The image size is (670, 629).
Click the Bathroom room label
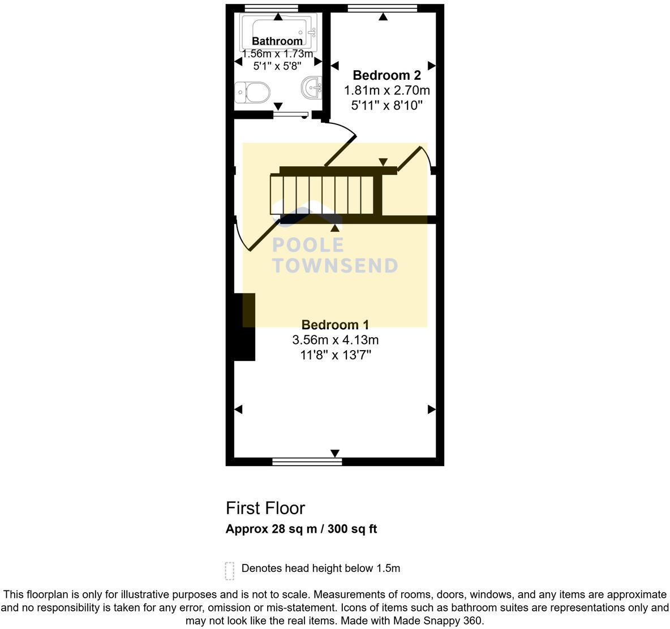(x=277, y=41)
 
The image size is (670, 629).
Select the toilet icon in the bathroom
(x=252, y=92)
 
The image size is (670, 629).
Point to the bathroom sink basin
(x=312, y=87)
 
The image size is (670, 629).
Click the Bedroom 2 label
(x=386, y=75)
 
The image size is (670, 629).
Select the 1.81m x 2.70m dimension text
(x=386, y=91)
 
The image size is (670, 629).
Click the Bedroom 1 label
(x=335, y=325)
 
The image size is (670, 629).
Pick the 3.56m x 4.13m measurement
(x=335, y=340)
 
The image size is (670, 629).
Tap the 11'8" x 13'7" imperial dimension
(x=335, y=355)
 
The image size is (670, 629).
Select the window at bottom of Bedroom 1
(x=307, y=462)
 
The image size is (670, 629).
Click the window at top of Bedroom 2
(x=383, y=8)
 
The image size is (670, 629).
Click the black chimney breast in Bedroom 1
(x=244, y=327)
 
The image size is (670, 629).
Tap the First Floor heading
(x=265, y=508)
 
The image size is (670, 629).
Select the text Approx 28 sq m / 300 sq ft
(x=301, y=529)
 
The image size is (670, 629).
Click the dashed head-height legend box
(x=229, y=571)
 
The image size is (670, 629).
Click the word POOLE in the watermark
(x=308, y=245)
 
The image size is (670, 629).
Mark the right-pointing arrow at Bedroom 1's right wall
(x=431, y=409)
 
